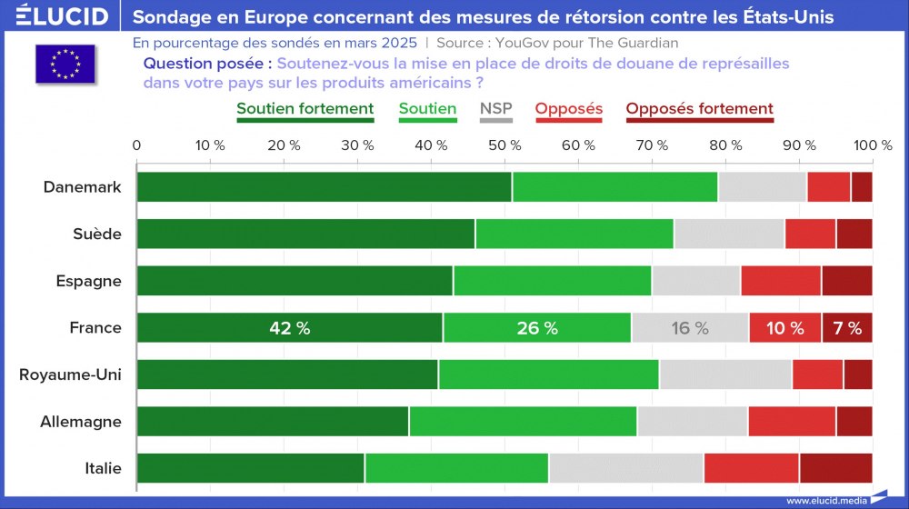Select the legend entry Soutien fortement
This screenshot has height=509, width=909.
point(305,109)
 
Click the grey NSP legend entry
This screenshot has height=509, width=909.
point(495,109)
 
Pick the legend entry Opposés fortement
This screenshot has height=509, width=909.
point(699,109)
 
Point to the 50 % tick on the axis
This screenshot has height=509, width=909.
point(504,145)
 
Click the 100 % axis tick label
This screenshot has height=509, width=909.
point(874,145)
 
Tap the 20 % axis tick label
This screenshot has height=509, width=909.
point(284,145)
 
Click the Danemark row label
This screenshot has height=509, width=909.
point(82,186)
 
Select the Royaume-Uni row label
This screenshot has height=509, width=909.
point(70,374)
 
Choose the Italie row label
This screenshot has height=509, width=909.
point(103,468)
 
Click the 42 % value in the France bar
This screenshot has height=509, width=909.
point(290,328)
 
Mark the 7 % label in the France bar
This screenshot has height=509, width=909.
point(847,328)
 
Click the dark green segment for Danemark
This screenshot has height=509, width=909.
point(324,186)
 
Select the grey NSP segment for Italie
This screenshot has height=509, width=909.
point(626,468)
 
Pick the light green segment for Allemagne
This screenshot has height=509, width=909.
point(523,422)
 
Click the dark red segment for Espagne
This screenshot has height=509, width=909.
point(846,281)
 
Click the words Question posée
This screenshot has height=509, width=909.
point(206,64)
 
